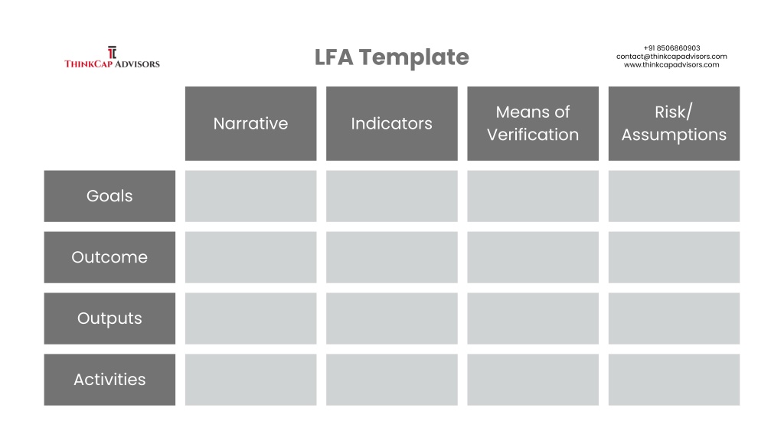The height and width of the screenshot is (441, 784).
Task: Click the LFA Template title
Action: pos(391,57)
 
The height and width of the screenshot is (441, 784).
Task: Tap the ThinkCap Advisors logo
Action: pos(112,57)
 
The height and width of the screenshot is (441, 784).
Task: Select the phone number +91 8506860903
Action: pos(671,48)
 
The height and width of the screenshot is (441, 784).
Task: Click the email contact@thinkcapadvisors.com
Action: pos(671,57)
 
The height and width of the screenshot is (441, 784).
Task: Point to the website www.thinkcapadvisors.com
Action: pos(671,64)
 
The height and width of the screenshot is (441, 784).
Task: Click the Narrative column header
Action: pos(250,123)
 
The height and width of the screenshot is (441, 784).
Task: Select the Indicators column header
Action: pos(391,123)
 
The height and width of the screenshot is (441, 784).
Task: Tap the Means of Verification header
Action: pos(533,123)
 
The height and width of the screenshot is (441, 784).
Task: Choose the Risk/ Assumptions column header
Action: pos(674,123)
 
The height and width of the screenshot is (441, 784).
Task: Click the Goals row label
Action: pos(109,196)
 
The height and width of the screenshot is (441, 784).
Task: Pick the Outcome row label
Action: pos(109,257)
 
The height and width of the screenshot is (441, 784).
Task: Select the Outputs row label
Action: pos(109,318)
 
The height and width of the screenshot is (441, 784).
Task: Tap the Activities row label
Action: pos(109,380)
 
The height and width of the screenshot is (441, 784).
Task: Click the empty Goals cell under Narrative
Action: pos(250,196)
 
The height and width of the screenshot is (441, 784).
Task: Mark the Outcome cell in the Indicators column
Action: pos(391,257)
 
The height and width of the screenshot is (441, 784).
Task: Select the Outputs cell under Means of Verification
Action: pos(533,318)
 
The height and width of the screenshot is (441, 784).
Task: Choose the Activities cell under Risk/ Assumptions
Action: pos(674,380)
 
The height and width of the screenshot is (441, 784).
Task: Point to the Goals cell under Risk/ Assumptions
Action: pos(674,196)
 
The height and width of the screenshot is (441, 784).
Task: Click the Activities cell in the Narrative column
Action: pos(250,380)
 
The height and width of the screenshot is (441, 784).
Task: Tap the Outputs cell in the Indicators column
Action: pos(391,318)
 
